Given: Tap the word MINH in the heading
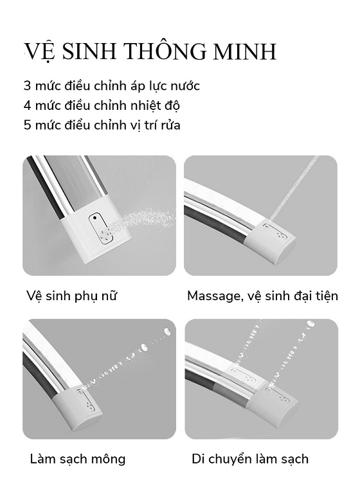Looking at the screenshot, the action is [x=245, y=51].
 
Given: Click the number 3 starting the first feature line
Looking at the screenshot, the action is [x=28, y=86].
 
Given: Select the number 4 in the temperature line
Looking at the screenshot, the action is [x=28, y=105].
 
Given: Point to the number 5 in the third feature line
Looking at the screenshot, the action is [x=28, y=125].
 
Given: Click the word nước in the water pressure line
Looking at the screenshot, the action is [x=184, y=86].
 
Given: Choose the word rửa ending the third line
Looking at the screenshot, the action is [x=171, y=125].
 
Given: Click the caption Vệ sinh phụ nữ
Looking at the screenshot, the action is [x=72, y=296].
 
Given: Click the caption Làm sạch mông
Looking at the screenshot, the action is [x=78, y=460].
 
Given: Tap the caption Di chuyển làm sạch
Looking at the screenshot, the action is [x=250, y=460].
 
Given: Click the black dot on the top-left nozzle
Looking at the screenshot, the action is [x=94, y=218].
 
